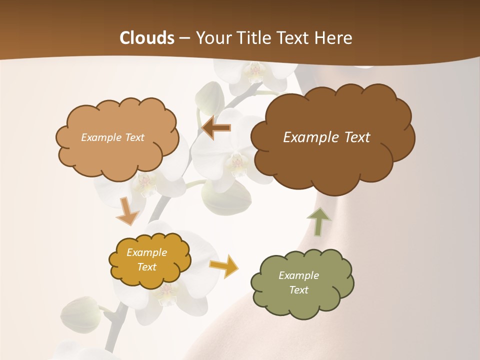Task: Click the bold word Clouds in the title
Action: [x=147, y=38]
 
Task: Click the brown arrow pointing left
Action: [x=216, y=128]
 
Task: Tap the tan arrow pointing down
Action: [x=127, y=211]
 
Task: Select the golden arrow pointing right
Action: [x=224, y=265]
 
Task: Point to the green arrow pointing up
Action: [x=318, y=221]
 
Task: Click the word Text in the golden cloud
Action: [x=146, y=267]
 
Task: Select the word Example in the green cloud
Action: [x=298, y=275]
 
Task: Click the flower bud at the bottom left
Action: [x=80, y=314]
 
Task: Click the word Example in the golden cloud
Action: [x=146, y=252]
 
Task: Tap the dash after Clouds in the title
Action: [x=184, y=38]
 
